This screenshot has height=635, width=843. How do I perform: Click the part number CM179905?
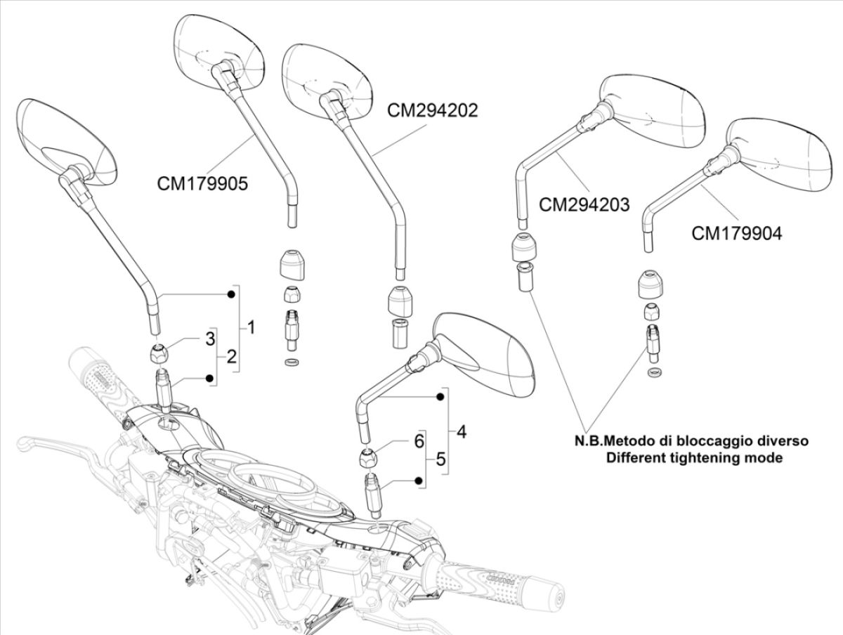[x=202, y=183]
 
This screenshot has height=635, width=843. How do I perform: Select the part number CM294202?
[x=433, y=110]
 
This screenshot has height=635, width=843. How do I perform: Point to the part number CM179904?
[x=736, y=233]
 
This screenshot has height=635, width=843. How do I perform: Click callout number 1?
[x=251, y=327]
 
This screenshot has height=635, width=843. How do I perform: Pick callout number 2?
[x=233, y=357]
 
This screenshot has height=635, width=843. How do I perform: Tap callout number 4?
[x=461, y=431]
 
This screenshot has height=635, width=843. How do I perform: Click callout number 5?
[x=440, y=459]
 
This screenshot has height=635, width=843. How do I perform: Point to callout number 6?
[x=419, y=441]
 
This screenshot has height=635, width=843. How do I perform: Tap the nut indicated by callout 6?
[x=370, y=459]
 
